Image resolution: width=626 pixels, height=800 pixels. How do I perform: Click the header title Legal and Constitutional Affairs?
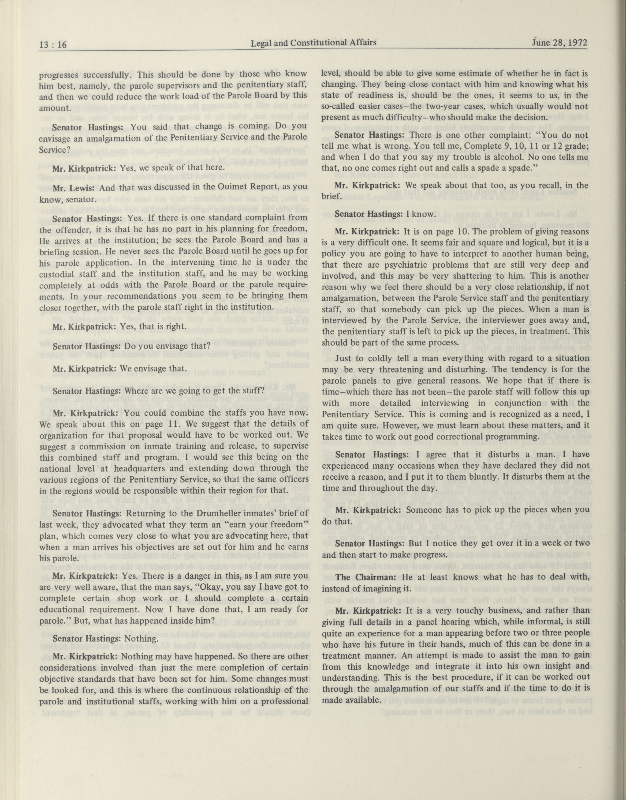[x=314, y=43]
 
